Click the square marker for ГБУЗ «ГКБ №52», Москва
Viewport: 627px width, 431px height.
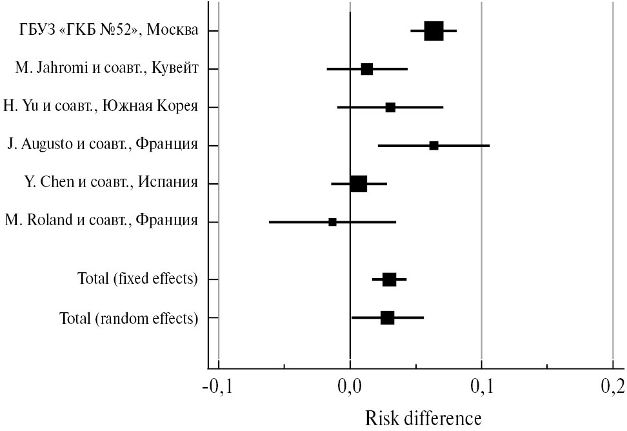point(433,30)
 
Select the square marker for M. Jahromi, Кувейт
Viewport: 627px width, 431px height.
point(366,69)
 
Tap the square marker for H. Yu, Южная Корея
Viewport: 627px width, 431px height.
point(390,107)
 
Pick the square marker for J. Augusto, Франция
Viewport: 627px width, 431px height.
point(433,146)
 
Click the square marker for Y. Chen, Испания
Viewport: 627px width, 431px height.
point(359,184)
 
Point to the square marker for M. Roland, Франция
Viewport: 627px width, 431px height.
point(332,222)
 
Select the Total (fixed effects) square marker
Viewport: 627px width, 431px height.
point(389,279)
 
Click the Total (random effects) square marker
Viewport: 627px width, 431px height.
point(387,317)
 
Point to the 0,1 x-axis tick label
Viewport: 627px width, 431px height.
point(481,387)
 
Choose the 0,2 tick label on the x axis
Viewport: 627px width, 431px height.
point(612,387)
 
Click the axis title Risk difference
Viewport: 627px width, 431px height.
point(423,418)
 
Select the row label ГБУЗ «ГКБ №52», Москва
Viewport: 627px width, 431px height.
point(108,31)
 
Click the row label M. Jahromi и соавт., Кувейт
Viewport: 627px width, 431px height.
point(106,69)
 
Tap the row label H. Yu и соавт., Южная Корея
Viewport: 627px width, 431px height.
point(100,107)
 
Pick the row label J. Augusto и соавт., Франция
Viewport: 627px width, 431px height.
point(103,146)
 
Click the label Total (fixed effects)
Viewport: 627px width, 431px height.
point(137,279)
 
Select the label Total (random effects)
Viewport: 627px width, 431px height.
point(128,318)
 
